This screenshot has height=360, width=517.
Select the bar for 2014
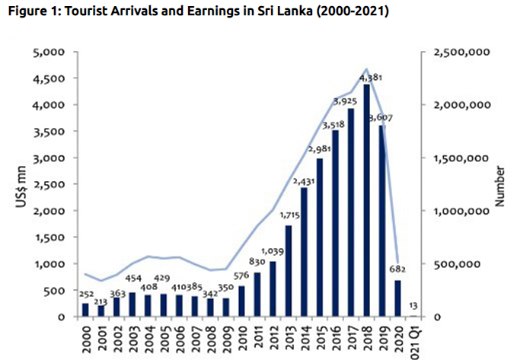(305, 252)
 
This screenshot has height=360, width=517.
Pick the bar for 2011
(257, 295)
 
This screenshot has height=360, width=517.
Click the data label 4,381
(369, 78)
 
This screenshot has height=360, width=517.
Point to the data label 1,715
(289, 219)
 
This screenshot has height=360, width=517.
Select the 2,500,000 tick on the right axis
(458, 53)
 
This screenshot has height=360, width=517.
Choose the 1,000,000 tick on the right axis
(458, 211)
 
